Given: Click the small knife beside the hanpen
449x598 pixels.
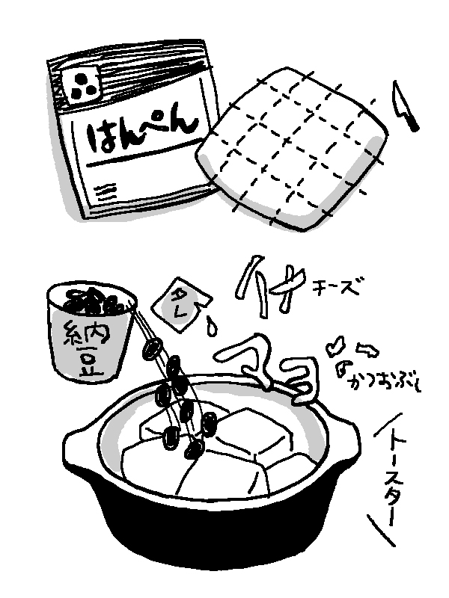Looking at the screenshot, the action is pyautogui.click(x=405, y=105).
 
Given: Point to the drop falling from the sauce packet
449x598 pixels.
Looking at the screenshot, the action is pyautogui.click(x=211, y=325).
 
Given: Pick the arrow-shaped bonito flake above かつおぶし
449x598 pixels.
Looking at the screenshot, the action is pyautogui.click(x=367, y=350).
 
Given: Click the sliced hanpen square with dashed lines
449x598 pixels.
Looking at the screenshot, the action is pyautogui.click(x=292, y=149).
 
